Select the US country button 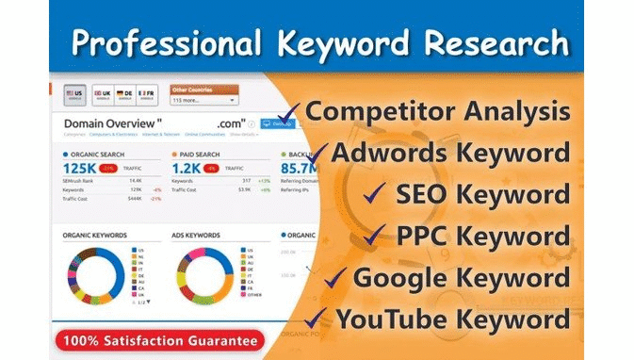coord(76,96)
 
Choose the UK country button coord(104,96)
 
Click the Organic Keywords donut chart coord(96,277)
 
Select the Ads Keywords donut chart coord(204,277)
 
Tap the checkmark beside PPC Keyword coord(375,235)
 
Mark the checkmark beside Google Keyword coord(336,277)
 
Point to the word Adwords coord(389,153)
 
